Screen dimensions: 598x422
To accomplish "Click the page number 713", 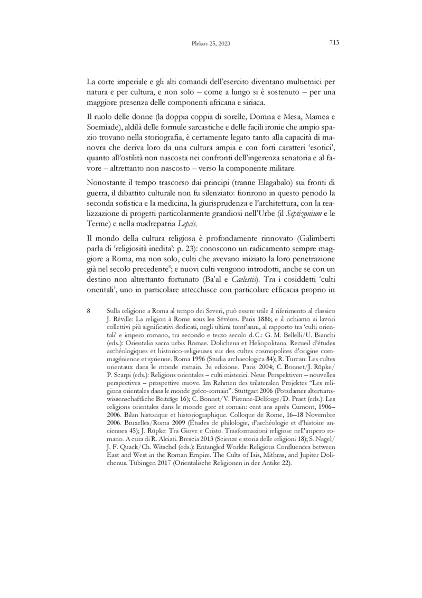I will [x=333, y=43].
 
